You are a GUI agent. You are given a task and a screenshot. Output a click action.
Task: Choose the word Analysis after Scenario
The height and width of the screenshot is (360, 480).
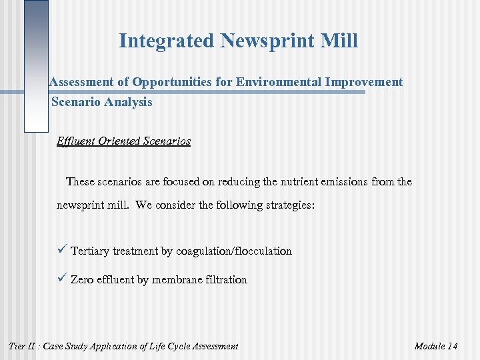[x=130, y=102]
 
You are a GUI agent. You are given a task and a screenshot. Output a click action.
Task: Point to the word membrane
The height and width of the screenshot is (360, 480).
[x=178, y=280]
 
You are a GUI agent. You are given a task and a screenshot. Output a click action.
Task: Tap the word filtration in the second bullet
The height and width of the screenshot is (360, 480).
[x=226, y=280]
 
